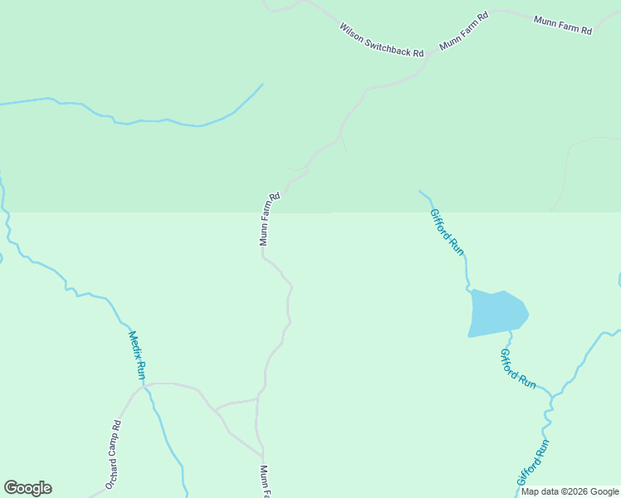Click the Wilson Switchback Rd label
381,40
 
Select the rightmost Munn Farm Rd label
563,25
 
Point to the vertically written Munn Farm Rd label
270,219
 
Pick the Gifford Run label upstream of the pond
446,231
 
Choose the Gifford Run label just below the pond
517,368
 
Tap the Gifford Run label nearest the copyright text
533,463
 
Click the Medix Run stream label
137,356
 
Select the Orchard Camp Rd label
113,454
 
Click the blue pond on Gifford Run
497,313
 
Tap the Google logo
27,488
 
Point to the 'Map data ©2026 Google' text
570,491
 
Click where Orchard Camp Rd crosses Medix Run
146,385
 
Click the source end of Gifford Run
419,191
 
